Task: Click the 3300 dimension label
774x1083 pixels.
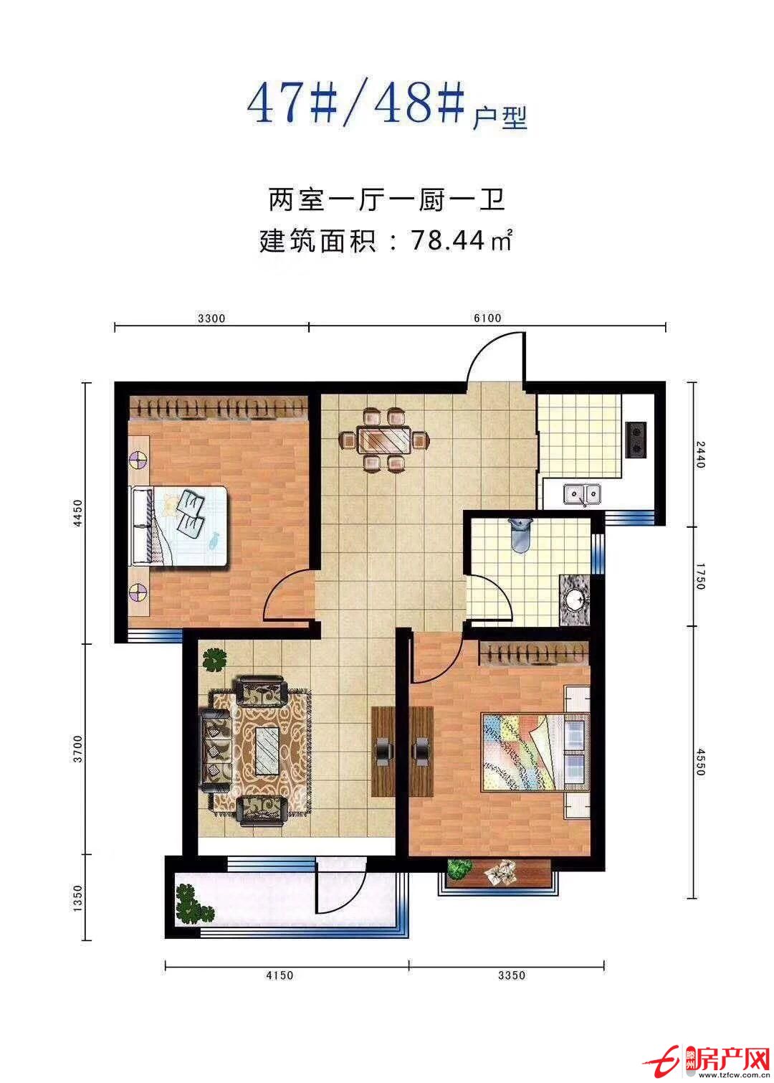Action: pyautogui.click(x=211, y=318)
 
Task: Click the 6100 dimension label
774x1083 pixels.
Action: pyautogui.click(x=487, y=318)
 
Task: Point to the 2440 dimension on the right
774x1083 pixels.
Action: pyautogui.click(x=700, y=454)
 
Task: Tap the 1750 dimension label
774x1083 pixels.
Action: pyautogui.click(x=700, y=576)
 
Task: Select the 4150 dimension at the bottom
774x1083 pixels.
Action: pyautogui.click(x=279, y=975)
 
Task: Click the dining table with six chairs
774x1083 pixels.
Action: pyautogui.click(x=384, y=439)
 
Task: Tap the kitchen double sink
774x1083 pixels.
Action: pyautogui.click(x=581, y=494)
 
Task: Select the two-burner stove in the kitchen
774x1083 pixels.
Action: pyautogui.click(x=636, y=439)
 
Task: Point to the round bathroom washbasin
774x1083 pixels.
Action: pyautogui.click(x=575, y=599)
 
